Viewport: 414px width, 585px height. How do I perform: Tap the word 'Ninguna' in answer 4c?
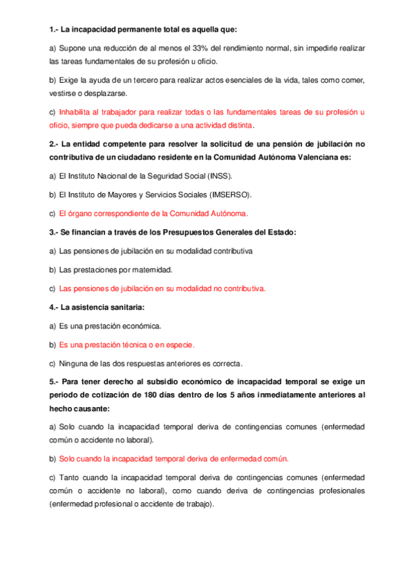(x=75, y=363)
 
